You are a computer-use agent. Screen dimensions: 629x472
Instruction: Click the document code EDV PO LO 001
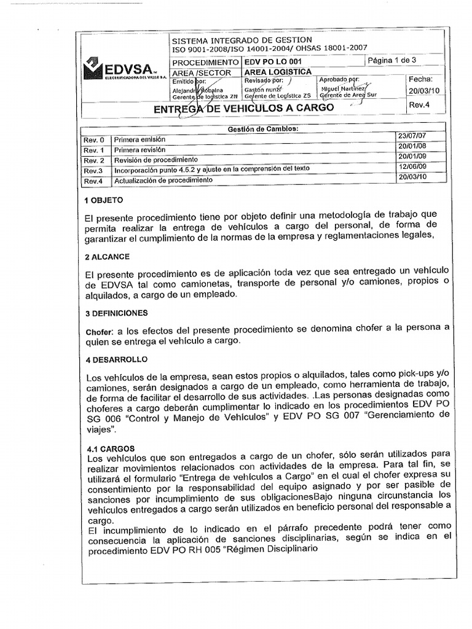[x=273, y=62]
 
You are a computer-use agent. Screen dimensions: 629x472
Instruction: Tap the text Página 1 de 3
[x=391, y=60]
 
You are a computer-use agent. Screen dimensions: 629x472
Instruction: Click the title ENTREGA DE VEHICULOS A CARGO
[x=243, y=108]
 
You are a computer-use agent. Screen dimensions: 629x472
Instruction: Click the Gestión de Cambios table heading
[x=263, y=129]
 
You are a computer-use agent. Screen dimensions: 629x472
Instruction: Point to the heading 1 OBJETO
[x=103, y=200]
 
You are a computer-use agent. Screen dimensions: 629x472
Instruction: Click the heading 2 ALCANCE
[x=107, y=257]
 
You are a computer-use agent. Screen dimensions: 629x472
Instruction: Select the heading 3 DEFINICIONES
[x=116, y=313]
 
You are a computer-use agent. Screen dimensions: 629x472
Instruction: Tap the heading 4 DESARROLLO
[x=115, y=359]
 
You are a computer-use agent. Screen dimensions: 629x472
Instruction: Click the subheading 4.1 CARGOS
[x=109, y=448]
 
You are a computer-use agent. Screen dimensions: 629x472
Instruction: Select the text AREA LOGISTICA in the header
[x=277, y=72]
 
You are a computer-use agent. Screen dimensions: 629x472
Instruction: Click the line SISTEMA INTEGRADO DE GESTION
[x=242, y=40]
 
